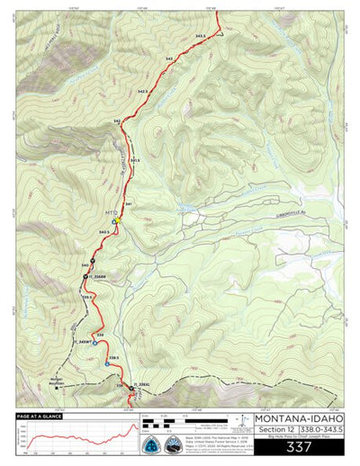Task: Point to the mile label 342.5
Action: (x=142, y=91)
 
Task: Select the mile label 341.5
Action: (x=134, y=160)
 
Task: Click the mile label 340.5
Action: (x=103, y=232)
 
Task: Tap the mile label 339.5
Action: (x=88, y=296)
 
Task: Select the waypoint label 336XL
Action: (x=142, y=383)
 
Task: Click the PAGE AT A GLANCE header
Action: (x=40, y=417)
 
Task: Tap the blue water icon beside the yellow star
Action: (x=113, y=221)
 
